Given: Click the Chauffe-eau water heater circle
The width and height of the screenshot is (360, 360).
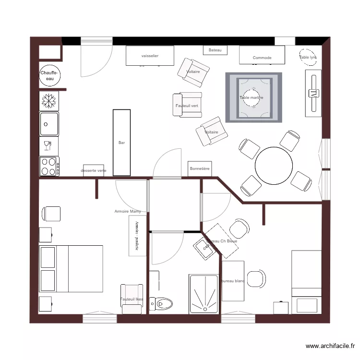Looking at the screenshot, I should [49, 75].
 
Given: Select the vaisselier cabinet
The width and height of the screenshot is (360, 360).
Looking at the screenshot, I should [150, 56].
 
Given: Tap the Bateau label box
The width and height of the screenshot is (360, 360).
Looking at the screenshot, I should [215, 50].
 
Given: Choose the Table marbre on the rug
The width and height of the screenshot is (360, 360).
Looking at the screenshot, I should [252, 98].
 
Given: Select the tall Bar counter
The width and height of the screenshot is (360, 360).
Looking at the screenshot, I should [121, 142].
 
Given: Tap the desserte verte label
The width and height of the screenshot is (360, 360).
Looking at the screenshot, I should [94, 170].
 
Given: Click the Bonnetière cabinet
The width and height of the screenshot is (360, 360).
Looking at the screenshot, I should [200, 168].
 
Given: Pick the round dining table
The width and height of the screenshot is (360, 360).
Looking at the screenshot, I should [274, 166].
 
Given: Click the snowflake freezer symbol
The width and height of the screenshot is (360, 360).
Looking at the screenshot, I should [48, 101].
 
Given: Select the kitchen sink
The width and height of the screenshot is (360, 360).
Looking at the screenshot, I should [49, 124].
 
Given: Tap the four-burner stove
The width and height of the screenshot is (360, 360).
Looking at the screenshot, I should [49, 167].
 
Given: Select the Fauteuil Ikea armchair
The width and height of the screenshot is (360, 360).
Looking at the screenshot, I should [132, 299].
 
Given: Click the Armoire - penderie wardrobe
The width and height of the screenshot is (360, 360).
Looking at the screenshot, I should [137, 235].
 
